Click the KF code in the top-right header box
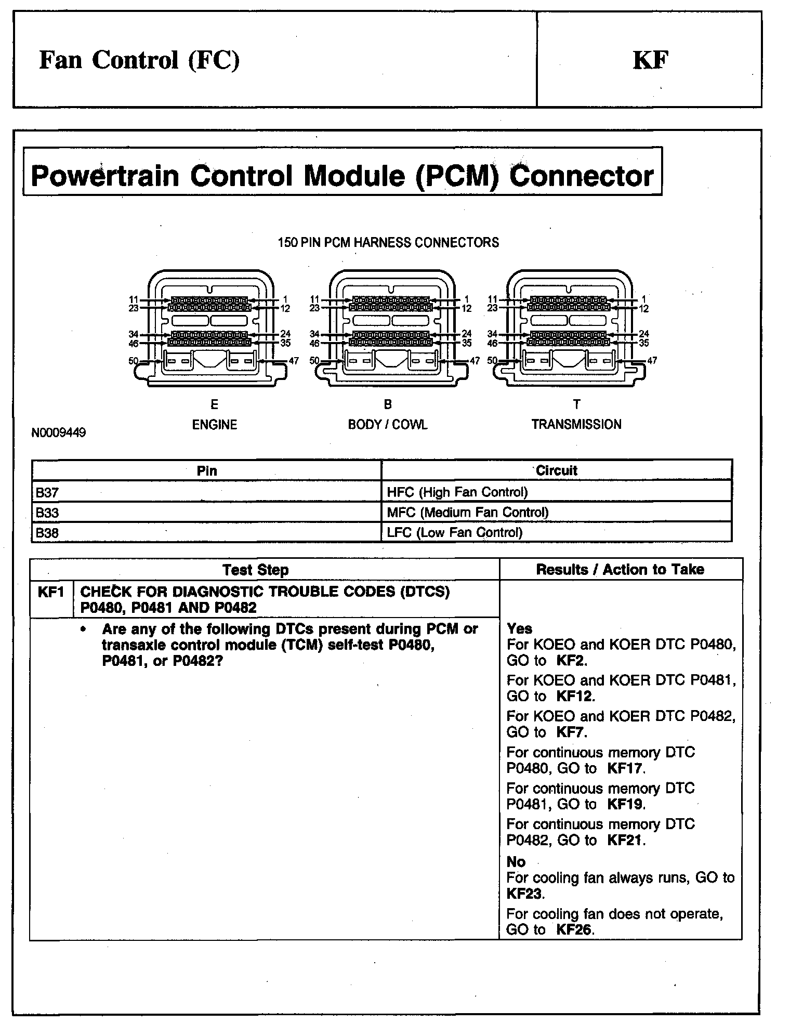pos(650,60)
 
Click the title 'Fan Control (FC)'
pos(139,60)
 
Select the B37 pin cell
pos(48,492)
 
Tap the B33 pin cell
pos(48,513)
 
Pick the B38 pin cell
pos(48,533)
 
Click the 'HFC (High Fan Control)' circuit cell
pos(457,492)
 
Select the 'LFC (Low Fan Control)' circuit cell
pos(455,532)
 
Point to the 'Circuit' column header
pos(556,470)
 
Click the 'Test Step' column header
pos(255,570)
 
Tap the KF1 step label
pos(51,592)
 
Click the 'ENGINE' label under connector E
pos(215,425)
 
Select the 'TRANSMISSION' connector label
pos(576,424)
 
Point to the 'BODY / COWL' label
pos(388,425)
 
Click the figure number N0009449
pos(59,432)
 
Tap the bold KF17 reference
pos(625,768)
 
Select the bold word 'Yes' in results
pos(519,628)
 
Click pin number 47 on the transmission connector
pos(652,360)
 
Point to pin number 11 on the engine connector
pos(134,299)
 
